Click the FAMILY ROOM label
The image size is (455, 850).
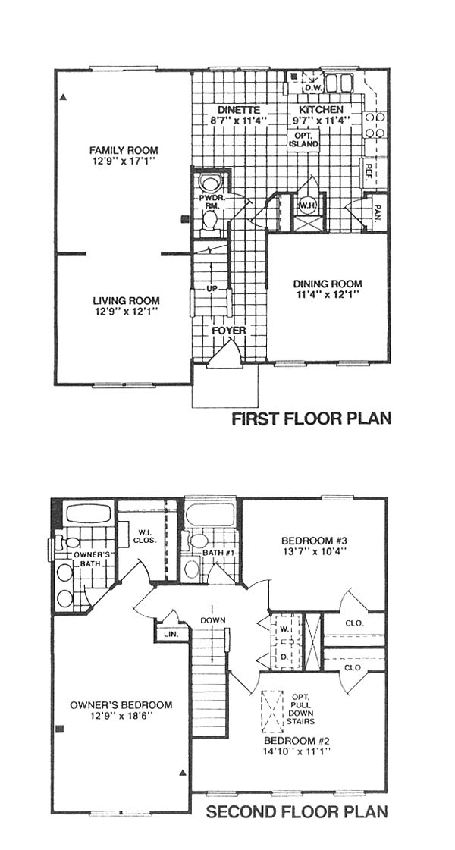[124, 149]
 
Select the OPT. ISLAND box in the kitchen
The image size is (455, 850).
[303, 140]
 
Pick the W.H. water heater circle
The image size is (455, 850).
[305, 205]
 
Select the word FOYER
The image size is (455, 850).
[229, 331]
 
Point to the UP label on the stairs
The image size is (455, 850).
[212, 288]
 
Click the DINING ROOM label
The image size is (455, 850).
[328, 284]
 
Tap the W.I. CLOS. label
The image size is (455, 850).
[146, 535]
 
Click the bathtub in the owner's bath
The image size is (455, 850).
[87, 513]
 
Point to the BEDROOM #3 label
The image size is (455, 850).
[314, 541]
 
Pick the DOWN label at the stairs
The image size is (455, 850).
[212, 620]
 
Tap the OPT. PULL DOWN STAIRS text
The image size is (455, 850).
[303, 709]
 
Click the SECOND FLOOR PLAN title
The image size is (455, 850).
[297, 812]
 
